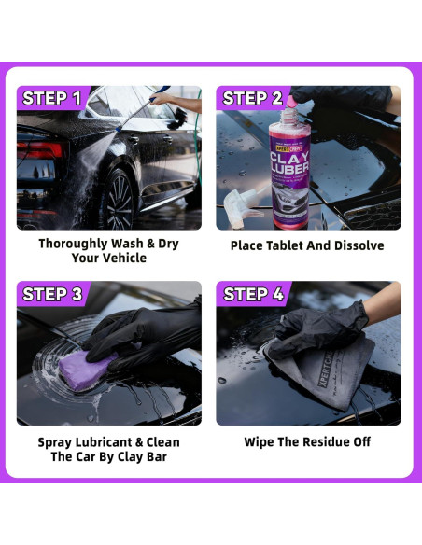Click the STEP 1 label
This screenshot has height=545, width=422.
[x=51, y=98]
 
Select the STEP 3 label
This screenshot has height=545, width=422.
[x=52, y=295]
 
